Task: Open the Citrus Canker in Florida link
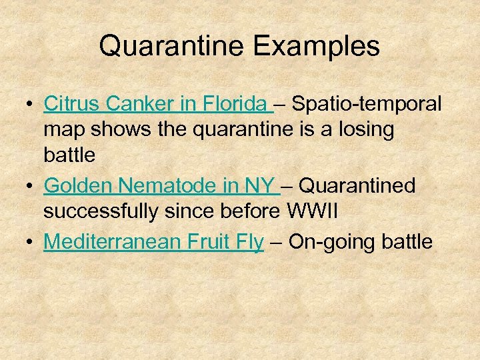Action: point(156,104)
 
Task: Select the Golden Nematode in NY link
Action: point(159,186)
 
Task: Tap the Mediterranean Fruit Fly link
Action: point(153,242)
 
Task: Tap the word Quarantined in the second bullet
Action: point(360,186)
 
